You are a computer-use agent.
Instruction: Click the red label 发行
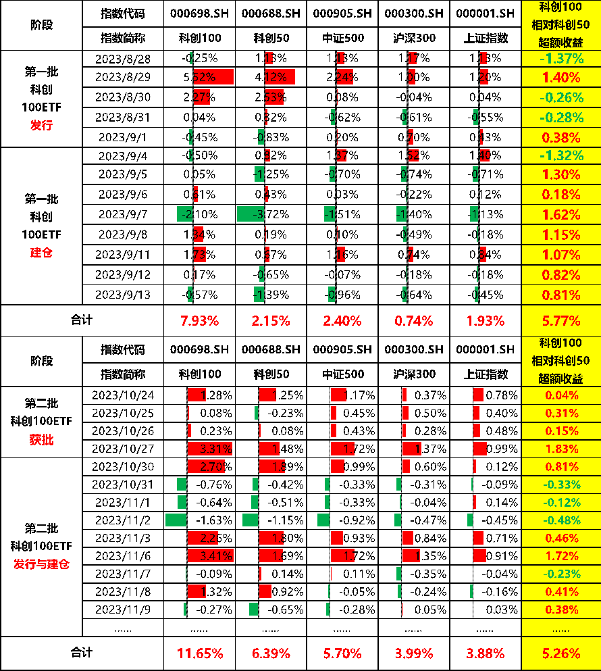pos(41,125)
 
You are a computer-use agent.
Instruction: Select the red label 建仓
pos(41,253)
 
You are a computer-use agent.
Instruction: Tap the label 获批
pos(41,440)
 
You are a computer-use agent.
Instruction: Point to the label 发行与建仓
pos(41,564)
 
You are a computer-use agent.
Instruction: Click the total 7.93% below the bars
pos(199,321)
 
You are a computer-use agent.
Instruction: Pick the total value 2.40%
pos(342,321)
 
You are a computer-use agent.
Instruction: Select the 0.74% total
pos(413,321)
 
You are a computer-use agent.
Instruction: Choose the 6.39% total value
pos(271,653)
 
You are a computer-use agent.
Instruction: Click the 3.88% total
pos(485,653)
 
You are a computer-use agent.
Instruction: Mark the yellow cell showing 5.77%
pos(561,321)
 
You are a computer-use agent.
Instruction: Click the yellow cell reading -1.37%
pos(561,59)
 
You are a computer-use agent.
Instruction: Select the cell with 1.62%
pos(561,215)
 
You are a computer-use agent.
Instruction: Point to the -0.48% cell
pos(561,520)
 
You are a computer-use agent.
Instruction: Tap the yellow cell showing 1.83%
pos(561,449)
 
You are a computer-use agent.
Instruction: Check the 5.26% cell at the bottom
pos(561,653)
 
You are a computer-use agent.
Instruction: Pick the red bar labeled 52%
pos(213,77)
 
